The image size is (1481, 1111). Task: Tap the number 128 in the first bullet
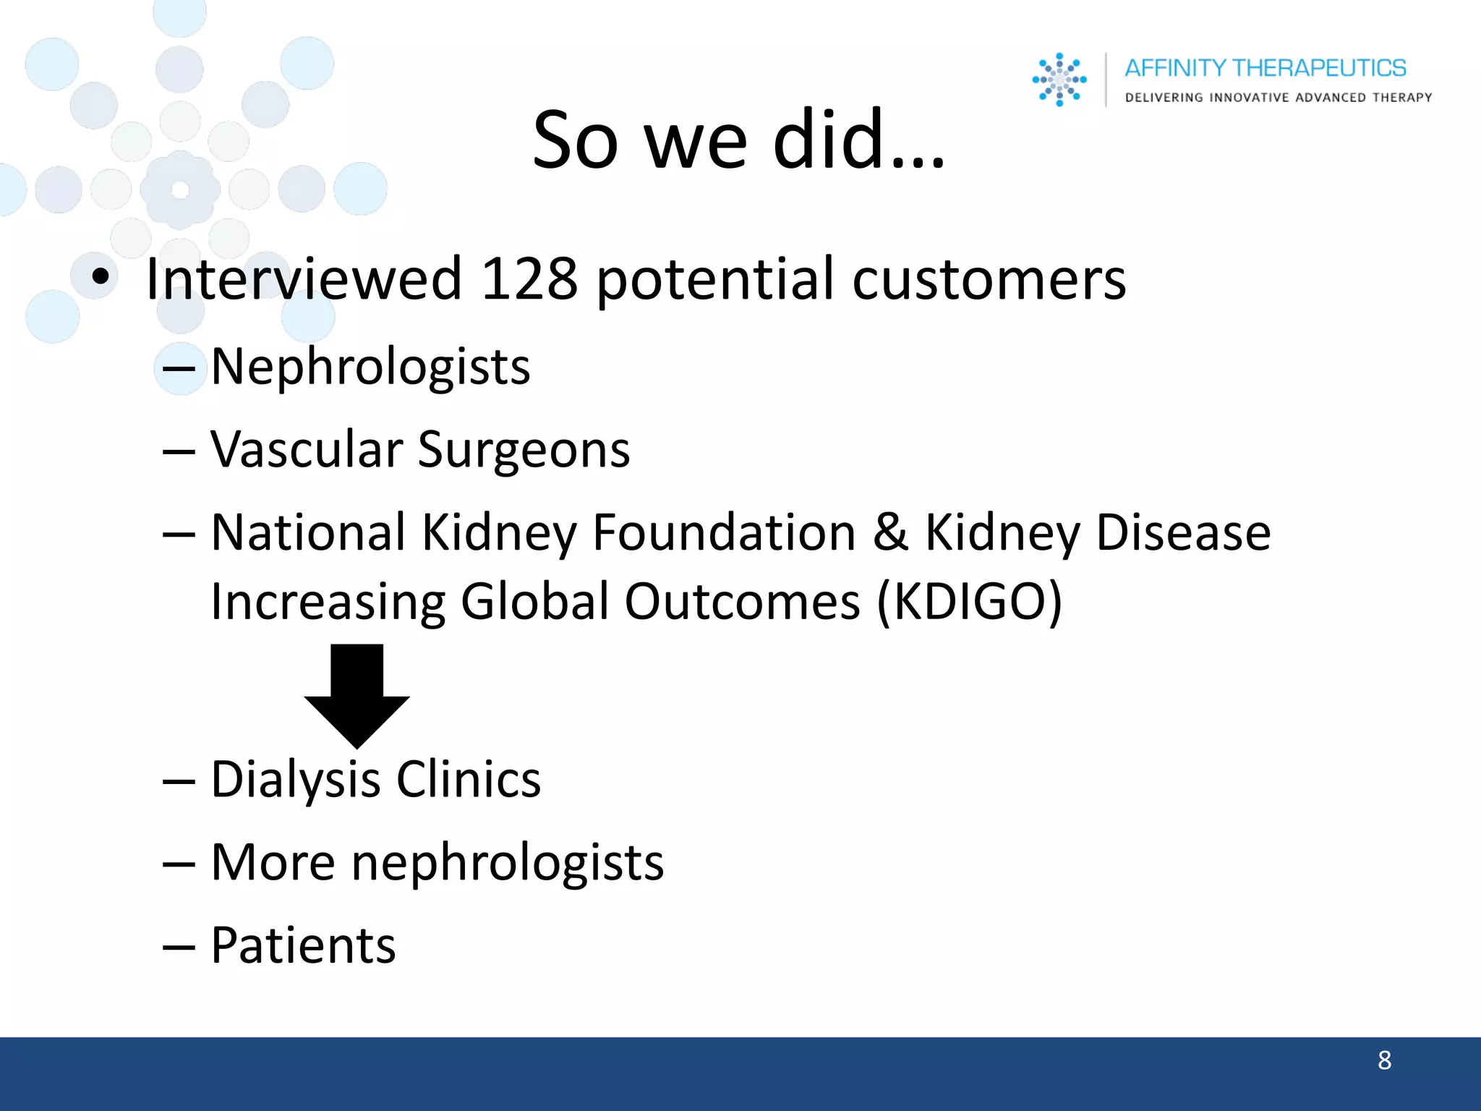(529, 279)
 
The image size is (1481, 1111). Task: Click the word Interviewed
(303, 279)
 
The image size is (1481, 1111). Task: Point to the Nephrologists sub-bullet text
(370, 367)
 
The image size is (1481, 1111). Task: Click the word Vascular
(307, 450)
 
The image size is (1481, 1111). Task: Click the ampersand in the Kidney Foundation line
(890, 532)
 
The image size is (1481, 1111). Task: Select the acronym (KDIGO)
(969, 602)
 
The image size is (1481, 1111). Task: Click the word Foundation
(724, 532)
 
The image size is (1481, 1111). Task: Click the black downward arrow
(357, 694)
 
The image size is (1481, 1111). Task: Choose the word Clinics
(469, 780)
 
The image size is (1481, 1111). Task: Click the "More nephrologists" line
(437, 863)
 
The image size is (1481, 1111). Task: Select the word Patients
(303, 945)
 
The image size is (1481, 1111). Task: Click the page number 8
(1384, 1060)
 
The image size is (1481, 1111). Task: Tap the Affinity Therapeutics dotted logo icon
(1059, 80)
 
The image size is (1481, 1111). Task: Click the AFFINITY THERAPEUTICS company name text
(1265, 68)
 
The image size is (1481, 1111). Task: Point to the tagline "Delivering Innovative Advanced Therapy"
(1278, 98)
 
